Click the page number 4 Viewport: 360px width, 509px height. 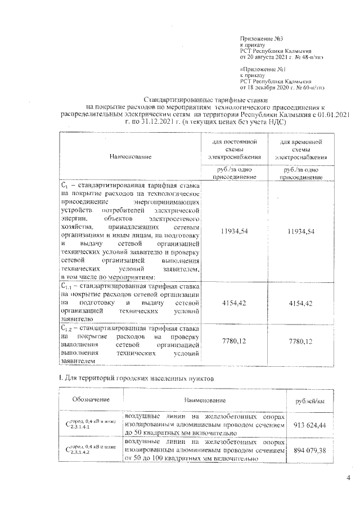click(348, 479)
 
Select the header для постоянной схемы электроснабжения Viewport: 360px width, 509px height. click(233, 149)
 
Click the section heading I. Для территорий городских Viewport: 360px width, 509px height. click(137, 380)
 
